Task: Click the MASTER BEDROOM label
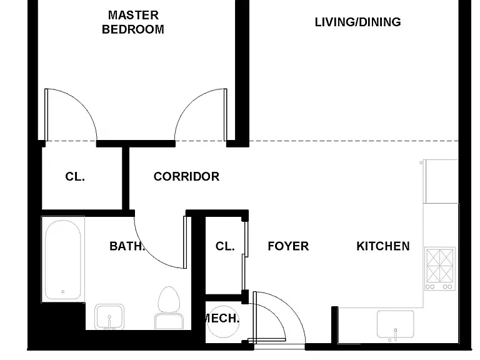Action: [x=133, y=22]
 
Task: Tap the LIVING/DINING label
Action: [x=358, y=22]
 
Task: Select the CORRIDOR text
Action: [x=186, y=177]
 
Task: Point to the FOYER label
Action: [x=288, y=246]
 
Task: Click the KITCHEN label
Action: [x=383, y=246]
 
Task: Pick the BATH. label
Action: [x=127, y=246]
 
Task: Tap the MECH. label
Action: [x=222, y=318]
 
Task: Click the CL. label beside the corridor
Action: [x=75, y=177]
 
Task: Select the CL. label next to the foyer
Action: [x=225, y=246]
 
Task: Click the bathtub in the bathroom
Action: [x=63, y=259]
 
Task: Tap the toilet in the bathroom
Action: [x=169, y=307]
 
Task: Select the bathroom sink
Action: [x=109, y=316]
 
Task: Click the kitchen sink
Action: [x=396, y=324]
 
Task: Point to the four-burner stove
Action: [x=440, y=269]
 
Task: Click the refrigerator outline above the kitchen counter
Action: [x=441, y=181]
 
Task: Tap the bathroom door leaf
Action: [x=185, y=242]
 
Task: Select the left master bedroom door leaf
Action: [x=46, y=115]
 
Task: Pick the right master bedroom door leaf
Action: [x=226, y=115]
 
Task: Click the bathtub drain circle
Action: [x=63, y=292]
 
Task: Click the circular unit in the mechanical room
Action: [x=223, y=322]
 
